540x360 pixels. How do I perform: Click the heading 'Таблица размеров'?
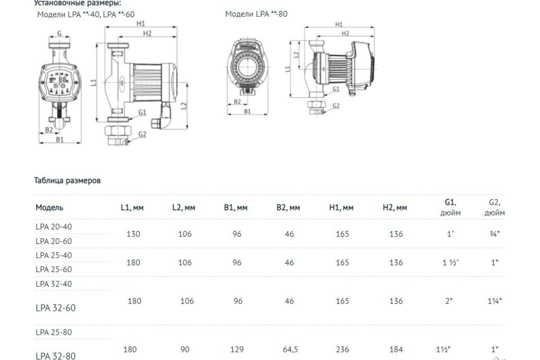click(67, 181)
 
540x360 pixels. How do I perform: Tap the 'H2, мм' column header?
click(395, 207)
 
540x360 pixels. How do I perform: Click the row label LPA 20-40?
click(54, 227)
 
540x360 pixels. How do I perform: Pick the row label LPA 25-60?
click(54, 269)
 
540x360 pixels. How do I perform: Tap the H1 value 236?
click(342, 349)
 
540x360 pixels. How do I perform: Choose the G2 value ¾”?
click(495, 234)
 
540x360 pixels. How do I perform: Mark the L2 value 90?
click(185, 349)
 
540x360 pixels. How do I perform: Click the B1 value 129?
click(237, 349)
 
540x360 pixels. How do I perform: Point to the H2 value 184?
click(396, 349)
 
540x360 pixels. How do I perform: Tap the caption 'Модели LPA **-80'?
click(256, 14)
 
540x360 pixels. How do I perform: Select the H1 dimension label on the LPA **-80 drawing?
click(339, 24)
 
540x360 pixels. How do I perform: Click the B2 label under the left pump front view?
click(49, 130)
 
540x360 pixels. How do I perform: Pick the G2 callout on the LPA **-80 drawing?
click(336, 106)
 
